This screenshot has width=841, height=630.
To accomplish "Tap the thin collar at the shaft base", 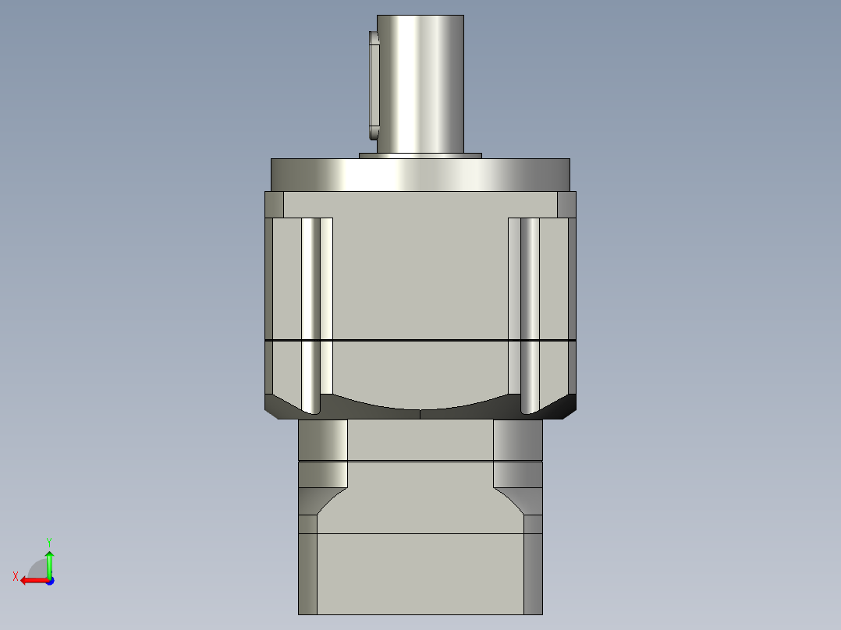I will pos(420,155).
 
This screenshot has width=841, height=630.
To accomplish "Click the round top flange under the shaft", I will pos(420,174).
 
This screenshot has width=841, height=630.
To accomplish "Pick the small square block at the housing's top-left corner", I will pos(274,204).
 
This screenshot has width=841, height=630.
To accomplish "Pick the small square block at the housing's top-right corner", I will pos(566,204).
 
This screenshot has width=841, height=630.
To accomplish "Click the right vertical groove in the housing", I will pos(530,312).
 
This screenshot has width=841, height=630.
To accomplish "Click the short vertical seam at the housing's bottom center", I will pos(420,414).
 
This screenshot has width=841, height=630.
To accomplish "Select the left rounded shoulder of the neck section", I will pos(322,441).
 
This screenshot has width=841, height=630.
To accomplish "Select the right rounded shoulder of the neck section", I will pos(518,441).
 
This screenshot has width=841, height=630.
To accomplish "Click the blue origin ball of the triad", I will pos(49,580).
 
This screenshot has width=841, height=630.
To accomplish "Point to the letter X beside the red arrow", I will pos(15,577).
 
